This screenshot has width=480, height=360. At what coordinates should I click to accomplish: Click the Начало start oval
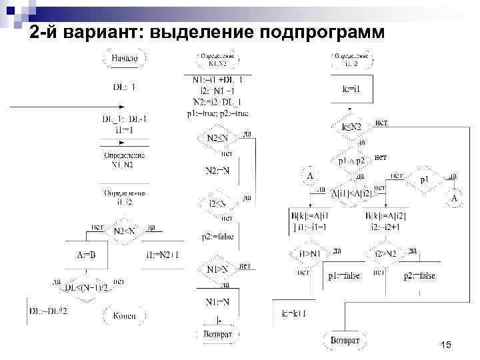pos(125,59)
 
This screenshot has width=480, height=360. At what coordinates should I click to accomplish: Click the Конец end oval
pos(125,315)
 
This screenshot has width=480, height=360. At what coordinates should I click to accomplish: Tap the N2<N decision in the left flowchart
pos(125,231)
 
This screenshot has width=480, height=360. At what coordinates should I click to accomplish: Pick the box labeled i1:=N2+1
pos(162,254)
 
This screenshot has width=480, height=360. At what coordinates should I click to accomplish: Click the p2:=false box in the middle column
pos(217,236)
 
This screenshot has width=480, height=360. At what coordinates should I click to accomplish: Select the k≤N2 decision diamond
pos(351,126)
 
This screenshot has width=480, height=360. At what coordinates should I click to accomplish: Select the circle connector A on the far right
pos(455,198)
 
